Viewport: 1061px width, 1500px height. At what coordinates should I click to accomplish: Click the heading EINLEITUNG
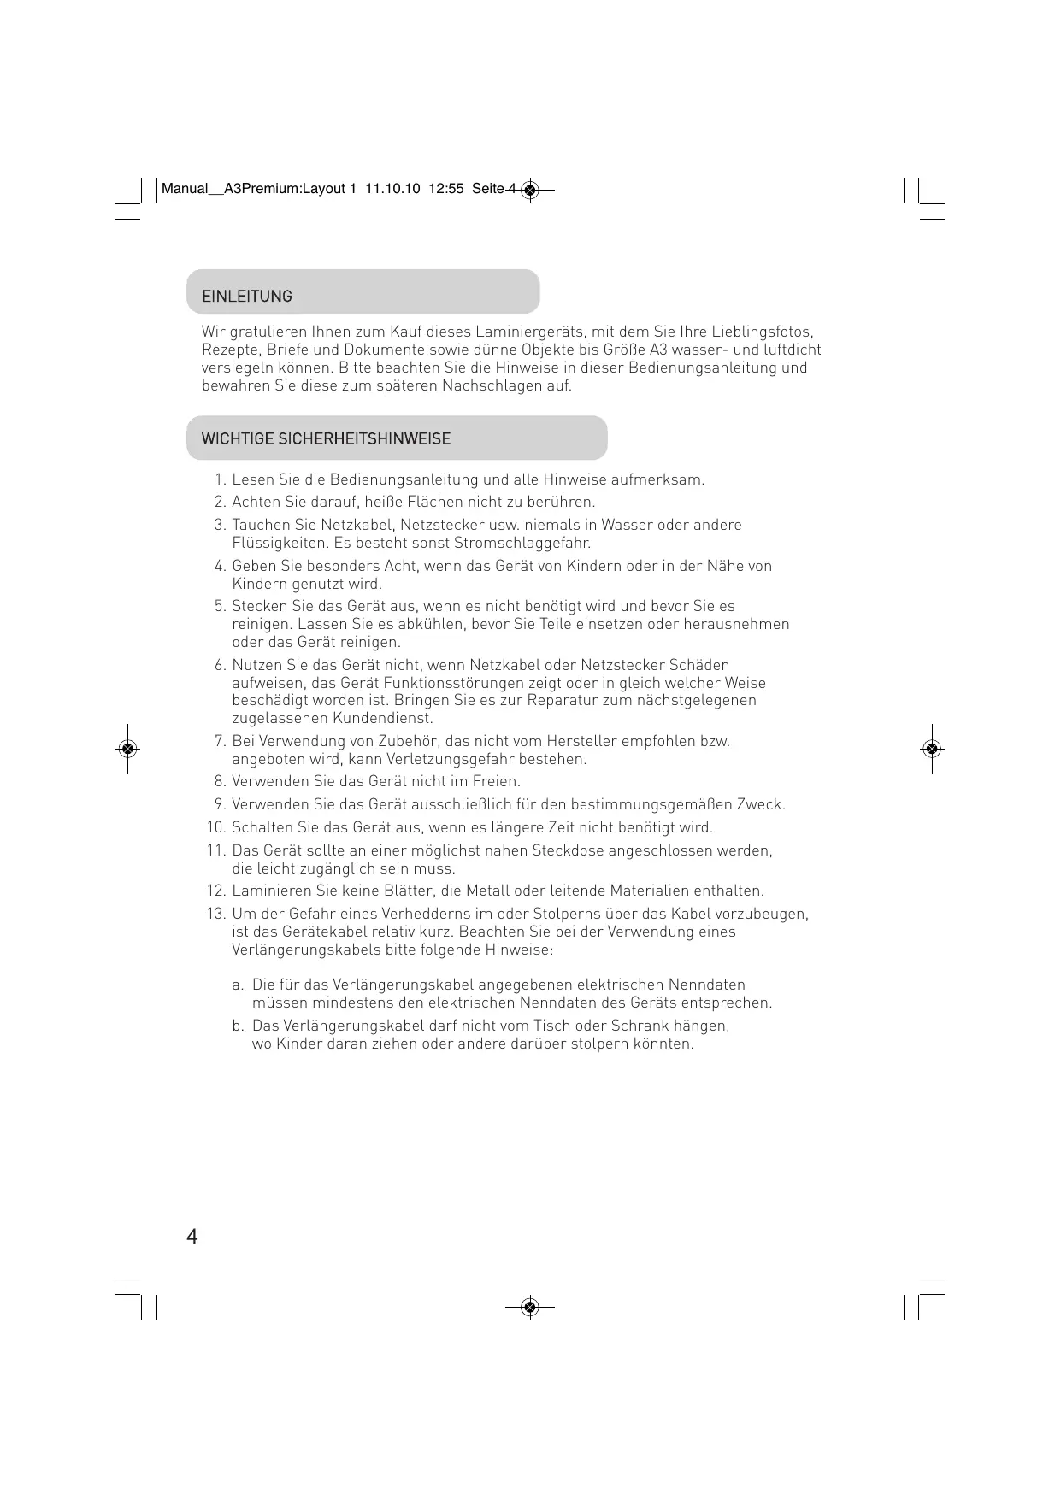coord(246,297)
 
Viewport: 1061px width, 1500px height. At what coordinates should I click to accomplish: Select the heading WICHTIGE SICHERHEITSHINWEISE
coord(326,439)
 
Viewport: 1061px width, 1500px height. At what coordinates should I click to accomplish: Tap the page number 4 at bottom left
coord(192,1237)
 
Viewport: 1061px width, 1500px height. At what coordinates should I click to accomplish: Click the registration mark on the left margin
coord(127,749)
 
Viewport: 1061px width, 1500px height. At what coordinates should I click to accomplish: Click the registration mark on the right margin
coord(932,749)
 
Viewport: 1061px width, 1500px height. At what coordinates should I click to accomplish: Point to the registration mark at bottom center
coord(529,1307)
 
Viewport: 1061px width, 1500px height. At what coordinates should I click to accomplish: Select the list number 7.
coord(219,741)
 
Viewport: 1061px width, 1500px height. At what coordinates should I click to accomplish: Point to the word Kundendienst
coord(382,719)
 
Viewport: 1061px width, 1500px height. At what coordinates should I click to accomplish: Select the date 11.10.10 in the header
coord(392,190)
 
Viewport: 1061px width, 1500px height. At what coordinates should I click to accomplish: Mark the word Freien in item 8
coord(495,782)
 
